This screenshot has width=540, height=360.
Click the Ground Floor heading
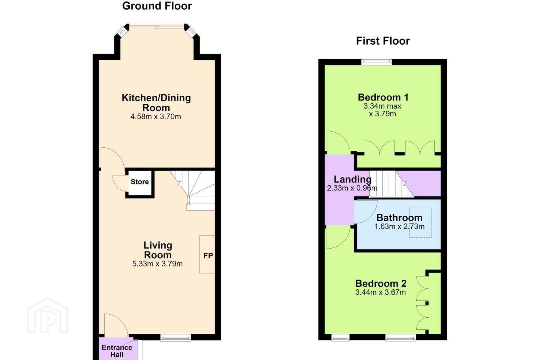157,6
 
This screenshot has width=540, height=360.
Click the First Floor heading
383,41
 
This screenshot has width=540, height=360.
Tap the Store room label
139,181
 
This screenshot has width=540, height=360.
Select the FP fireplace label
208,256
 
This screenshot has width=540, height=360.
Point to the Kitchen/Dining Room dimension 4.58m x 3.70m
156,117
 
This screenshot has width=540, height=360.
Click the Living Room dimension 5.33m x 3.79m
157,264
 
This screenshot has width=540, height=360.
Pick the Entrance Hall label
117,351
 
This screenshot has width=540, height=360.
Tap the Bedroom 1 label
383,97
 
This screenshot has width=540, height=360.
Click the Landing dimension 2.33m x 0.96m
352,188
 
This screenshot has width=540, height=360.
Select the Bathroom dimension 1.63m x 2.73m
399,226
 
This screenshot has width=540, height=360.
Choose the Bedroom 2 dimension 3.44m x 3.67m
381,292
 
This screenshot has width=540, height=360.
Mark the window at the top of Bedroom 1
376,61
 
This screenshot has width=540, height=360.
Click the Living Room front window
175,337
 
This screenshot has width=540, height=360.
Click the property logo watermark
48,315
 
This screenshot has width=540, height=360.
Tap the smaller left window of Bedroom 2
340,337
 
